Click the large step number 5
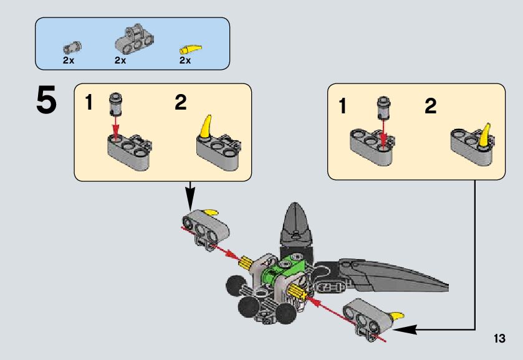click(46, 102)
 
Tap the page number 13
click(499, 339)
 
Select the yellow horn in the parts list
click(191, 49)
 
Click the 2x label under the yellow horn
click(185, 61)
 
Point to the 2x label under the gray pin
click(69, 61)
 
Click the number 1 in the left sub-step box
click(89, 103)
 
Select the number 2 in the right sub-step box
click(431, 107)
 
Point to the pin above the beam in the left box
click(115, 104)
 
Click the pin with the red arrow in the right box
click(383, 110)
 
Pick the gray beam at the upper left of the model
click(204, 225)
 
